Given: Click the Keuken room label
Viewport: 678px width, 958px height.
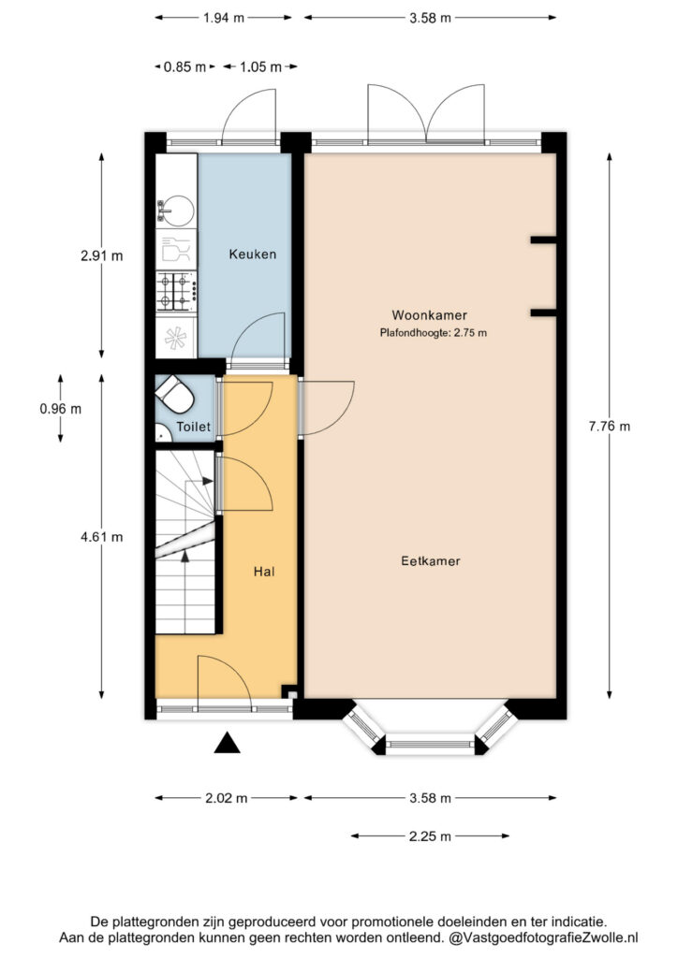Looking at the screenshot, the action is (x=253, y=254).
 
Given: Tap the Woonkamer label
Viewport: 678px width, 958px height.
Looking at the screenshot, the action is (x=429, y=315).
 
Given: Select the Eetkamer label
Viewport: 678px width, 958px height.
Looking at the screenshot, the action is (x=431, y=561).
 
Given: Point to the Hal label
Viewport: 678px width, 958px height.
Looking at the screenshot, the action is (x=264, y=572).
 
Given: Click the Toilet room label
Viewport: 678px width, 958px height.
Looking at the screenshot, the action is (x=193, y=427).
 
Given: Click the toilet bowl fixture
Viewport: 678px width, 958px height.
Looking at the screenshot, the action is (x=175, y=394).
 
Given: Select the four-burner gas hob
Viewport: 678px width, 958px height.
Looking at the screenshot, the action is (x=176, y=292).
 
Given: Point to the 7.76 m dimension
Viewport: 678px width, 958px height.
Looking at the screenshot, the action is (x=609, y=427).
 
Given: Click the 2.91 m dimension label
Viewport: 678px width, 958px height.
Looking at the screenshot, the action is (x=101, y=256).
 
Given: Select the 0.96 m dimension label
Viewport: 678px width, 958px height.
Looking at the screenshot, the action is (x=61, y=409).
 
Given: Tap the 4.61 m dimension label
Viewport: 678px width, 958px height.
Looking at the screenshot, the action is (x=101, y=537).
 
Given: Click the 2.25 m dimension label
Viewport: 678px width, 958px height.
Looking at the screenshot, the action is (x=430, y=836).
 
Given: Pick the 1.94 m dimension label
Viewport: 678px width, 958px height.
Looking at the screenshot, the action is (x=224, y=18).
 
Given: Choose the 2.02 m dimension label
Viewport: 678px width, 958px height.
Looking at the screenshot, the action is (x=227, y=798).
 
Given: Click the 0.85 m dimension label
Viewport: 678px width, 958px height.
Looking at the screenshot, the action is (x=184, y=66).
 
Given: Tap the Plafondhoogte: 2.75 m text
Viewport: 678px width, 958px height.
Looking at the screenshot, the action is (x=433, y=333).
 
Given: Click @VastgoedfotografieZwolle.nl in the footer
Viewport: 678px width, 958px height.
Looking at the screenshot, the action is (x=543, y=937).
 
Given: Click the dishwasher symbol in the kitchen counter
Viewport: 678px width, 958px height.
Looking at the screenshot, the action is (x=176, y=249).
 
